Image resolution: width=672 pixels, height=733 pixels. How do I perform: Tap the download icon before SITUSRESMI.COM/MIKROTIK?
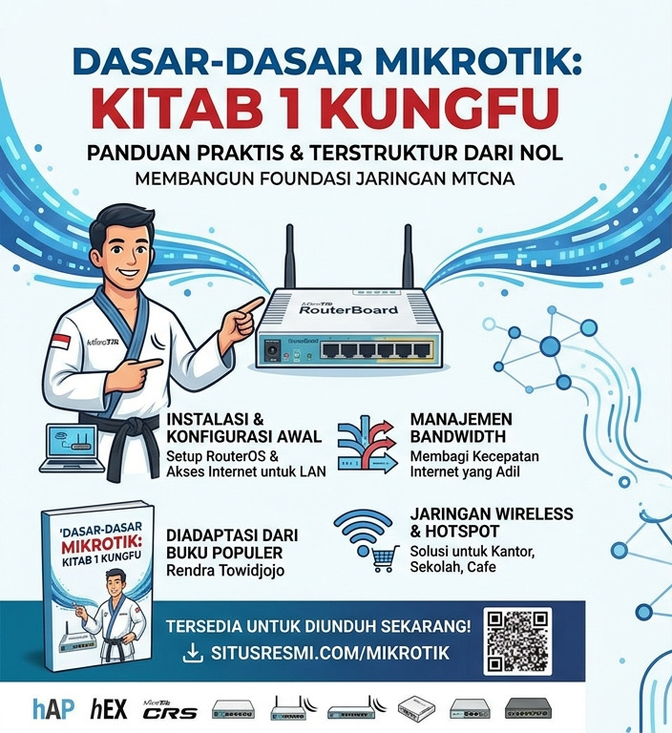pyautogui.click(x=192, y=654)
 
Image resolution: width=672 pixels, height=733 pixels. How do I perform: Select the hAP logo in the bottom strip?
pyautogui.click(x=52, y=709)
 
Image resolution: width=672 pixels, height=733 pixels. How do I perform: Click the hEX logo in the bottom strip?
pyautogui.click(x=109, y=709)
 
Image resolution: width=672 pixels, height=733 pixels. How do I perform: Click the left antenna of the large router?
pyautogui.click(x=289, y=256)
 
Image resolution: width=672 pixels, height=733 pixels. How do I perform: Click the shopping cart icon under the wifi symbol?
pyautogui.click(x=384, y=558)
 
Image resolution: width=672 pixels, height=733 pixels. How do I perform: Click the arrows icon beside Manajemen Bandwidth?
pyautogui.click(x=367, y=443)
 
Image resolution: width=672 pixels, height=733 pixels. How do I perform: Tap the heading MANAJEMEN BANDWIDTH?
pyautogui.click(x=461, y=428)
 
